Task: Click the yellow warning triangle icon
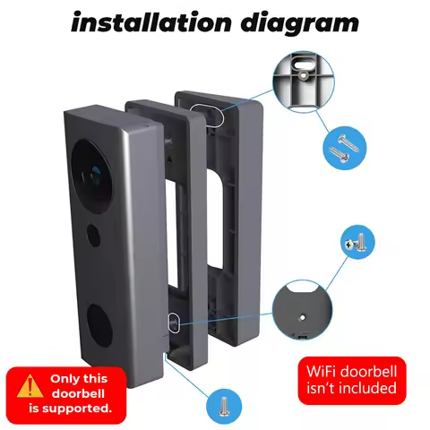[x=31, y=386]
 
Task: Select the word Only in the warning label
[x=66, y=379]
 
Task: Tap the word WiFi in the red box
[x=326, y=370]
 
